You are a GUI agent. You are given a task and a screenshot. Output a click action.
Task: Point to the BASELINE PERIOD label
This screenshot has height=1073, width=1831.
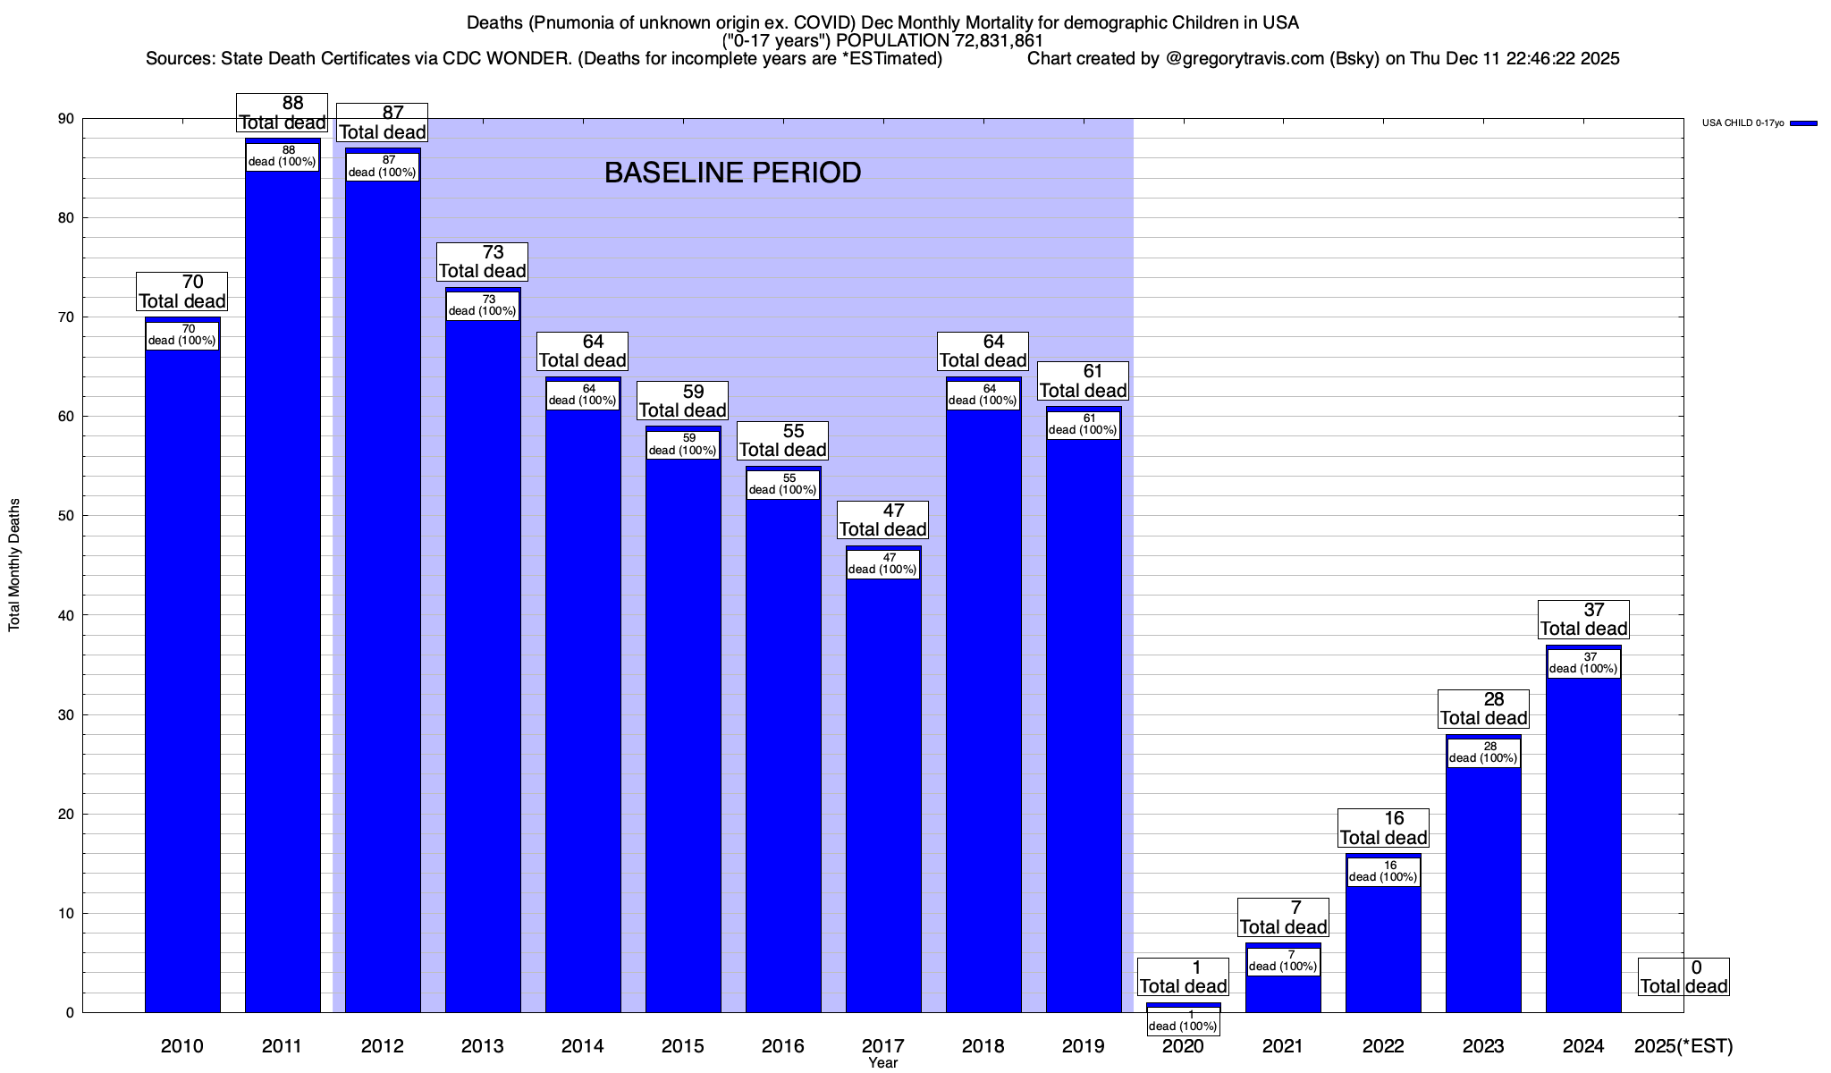point(732,173)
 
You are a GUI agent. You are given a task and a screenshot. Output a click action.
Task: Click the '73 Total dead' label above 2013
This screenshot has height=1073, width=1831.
point(483,262)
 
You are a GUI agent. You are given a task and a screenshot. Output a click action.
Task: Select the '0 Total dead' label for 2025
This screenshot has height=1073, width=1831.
point(1683,977)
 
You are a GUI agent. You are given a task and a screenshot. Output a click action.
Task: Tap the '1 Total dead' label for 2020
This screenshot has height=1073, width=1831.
point(1183,977)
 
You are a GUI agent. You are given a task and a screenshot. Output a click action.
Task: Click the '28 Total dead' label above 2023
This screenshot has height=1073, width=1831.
point(1483,709)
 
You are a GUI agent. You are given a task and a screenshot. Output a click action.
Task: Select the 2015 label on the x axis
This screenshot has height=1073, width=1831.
point(682,1046)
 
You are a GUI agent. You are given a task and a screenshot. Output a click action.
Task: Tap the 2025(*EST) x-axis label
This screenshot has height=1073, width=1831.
point(1683,1046)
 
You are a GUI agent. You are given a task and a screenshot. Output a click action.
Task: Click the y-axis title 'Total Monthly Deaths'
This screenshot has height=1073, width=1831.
point(14,565)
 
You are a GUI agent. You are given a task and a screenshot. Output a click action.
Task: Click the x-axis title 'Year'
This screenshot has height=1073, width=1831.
point(882,1063)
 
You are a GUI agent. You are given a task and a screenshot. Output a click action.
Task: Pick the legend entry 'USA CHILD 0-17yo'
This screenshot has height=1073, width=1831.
point(1742,123)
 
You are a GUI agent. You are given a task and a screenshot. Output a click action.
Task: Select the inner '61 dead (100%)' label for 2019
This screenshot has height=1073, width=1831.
point(1083,425)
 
